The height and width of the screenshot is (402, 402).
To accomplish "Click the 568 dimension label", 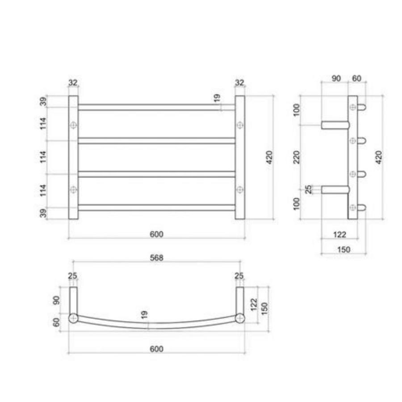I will tap(156, 257).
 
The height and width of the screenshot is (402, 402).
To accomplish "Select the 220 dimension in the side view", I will tap(297, 157).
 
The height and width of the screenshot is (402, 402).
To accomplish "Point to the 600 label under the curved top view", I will tap(156, 349).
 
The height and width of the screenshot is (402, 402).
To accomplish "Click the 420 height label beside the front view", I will tap(269, 157).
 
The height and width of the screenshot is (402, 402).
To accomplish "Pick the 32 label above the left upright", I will tap(73, 82).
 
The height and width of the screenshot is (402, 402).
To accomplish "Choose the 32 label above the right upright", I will tap(240, 82).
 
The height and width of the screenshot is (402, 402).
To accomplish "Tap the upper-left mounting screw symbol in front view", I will tap(73, 126).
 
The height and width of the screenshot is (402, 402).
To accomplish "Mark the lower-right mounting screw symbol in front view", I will tap(240, 190).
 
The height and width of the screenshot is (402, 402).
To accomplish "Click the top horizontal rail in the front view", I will tap(156, 107).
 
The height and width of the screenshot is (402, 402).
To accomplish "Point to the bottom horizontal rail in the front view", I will tap(156, 207).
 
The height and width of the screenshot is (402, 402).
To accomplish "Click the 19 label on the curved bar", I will tap(144, 315).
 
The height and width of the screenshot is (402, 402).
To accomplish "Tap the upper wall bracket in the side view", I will tap(335, 125).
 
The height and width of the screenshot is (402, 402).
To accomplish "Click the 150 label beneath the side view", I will tap(343, 249).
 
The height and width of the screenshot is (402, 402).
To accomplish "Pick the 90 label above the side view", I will tap(336, 79).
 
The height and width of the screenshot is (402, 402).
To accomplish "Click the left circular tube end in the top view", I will tap(73, 318).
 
